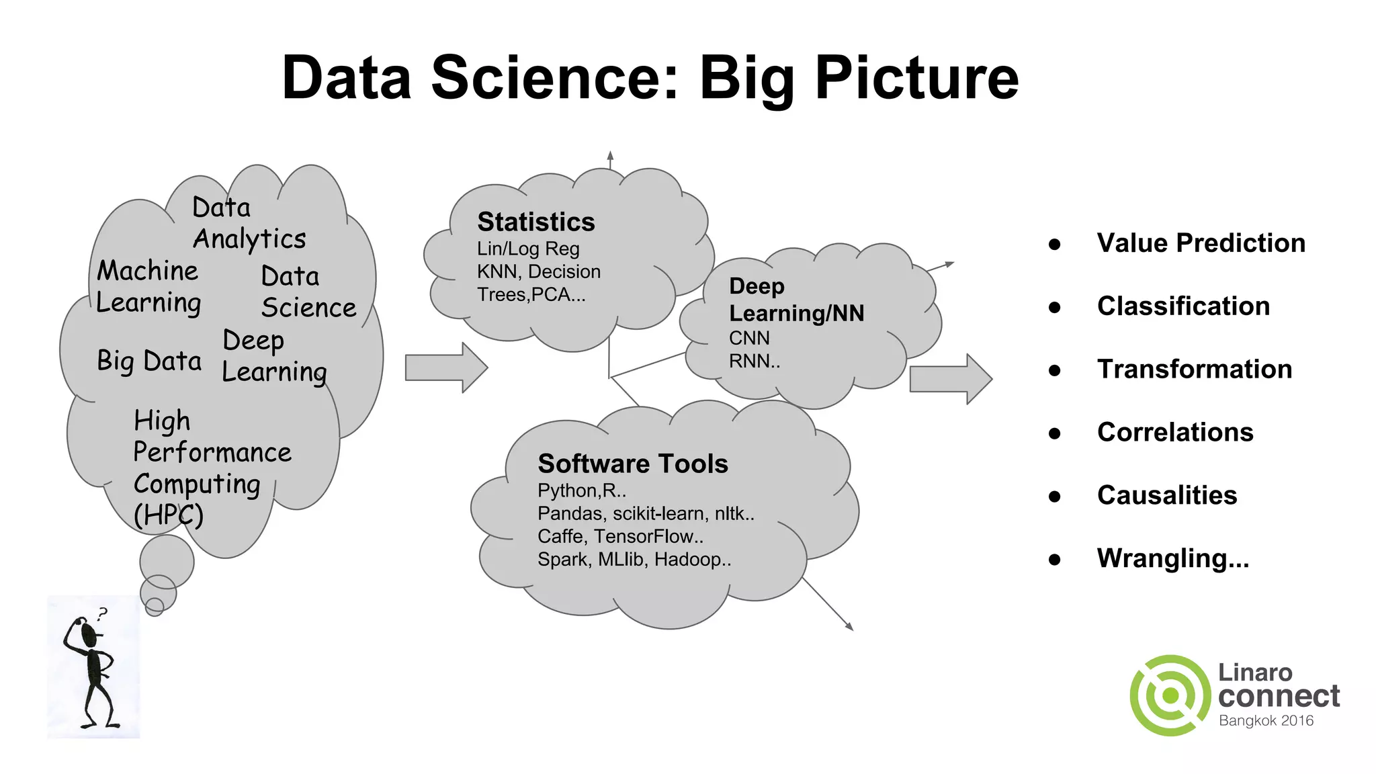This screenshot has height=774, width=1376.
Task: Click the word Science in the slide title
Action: (x=555, y=78)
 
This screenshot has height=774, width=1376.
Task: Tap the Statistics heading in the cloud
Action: (x=535, y=222)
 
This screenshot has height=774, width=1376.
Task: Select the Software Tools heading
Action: (x=632, y=464)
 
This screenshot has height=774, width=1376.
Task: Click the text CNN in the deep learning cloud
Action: (x=749, y=338)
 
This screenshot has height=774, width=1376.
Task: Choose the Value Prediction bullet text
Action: (x=1201, y=243)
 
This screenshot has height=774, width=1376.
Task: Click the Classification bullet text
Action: (x=1183, y=306)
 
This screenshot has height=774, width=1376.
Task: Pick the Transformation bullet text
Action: (x=1194, y=369)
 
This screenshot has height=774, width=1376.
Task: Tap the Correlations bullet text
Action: (x=1175, y=432)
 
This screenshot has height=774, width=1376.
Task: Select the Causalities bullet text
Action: (x=1166, y=495)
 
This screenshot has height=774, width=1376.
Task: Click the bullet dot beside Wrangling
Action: (x=1054, y=559)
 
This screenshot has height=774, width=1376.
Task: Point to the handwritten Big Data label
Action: (x=148, y=361)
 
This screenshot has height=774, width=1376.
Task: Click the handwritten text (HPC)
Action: (x=168, y=515)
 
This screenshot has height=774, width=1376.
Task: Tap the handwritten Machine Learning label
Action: (x=148, y=287)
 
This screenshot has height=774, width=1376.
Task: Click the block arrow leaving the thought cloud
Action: (x=445, y=368)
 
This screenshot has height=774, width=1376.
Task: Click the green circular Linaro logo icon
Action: (x=1170, y=695)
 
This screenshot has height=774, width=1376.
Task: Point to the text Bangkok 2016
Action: (x=1266, y=721)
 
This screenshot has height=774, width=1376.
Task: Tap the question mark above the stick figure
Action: (x=102, y=613)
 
